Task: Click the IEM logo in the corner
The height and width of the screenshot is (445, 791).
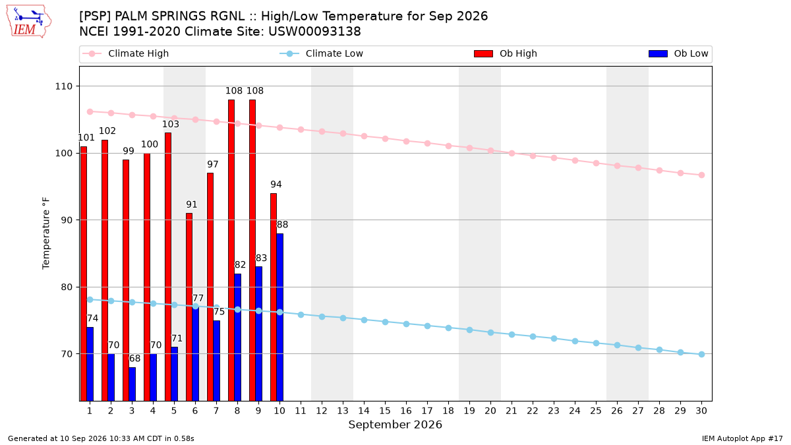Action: pos(28,21)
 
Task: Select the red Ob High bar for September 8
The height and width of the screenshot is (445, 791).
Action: pos(231,250)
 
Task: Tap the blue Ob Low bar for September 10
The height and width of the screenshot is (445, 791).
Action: pos(279,317)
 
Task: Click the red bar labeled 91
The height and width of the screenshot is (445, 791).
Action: pos(189,307)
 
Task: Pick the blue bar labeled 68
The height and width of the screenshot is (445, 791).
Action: pos(132,384)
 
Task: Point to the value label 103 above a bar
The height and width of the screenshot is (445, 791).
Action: pos(171,124)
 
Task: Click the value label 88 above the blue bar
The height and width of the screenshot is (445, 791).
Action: pos(282,225)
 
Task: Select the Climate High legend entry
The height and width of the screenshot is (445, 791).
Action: pos(125,53)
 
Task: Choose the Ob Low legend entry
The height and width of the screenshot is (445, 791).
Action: pos(678,53)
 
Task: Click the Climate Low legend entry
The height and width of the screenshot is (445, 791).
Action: pos(321,53)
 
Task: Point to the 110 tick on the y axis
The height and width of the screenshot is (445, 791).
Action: pos(63,86)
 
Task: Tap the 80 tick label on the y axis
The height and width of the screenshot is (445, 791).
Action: pos(67,287)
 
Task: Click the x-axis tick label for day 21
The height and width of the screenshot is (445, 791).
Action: pos(512,411)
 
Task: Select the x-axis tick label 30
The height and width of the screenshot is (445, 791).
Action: pos(701,411)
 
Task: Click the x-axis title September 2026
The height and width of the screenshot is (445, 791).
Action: pos(395,425)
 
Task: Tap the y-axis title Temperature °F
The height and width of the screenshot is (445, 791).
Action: pos(46,233)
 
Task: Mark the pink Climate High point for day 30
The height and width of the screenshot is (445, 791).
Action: pos(701,175)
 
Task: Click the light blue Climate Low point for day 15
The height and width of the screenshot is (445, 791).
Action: pos(385,322)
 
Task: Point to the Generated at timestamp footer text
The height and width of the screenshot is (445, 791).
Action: pos(101,438)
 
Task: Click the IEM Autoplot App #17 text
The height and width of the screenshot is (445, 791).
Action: pos(742,438)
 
